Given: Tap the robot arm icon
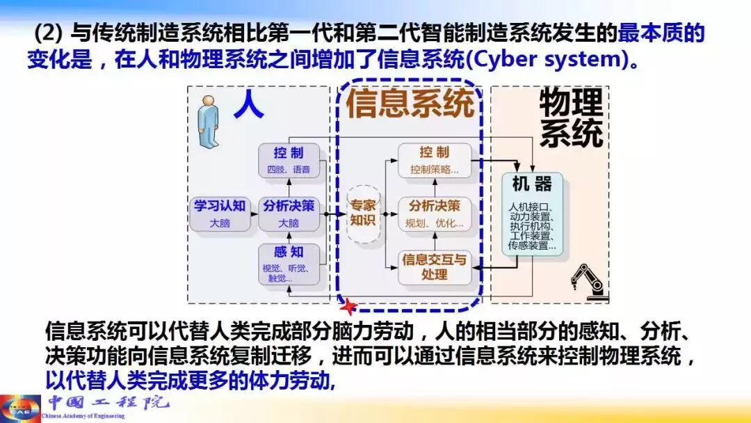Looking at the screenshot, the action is (x=587, y=281).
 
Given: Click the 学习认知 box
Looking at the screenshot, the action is (x=219, y=214).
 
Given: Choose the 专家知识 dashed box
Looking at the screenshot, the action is (x=362, y=213).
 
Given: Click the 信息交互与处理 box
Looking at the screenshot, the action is (x=434, y=267).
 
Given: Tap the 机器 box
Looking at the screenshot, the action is (x=532, y=214).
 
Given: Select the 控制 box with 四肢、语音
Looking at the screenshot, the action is (x=289, y=160).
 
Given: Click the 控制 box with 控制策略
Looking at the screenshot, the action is (x=434, y=160).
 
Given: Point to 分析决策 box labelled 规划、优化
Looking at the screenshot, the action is (x=434, y=214).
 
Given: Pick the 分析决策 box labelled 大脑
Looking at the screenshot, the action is (x=289, y=214).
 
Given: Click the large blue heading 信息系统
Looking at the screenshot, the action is (x=410, y=104).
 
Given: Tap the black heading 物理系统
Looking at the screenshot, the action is (x=571, y=118).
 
